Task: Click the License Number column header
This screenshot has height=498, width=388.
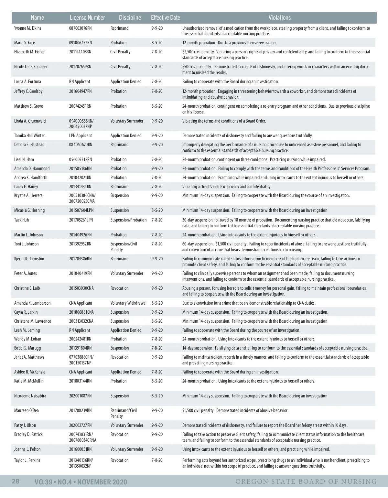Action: click(87, 18)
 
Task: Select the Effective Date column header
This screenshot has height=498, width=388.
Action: click(166, 18)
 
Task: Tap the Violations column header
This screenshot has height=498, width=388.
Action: click(280, 18)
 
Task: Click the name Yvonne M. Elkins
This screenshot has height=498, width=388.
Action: click(28, 28)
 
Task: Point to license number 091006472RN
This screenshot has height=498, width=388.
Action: click(81, 43)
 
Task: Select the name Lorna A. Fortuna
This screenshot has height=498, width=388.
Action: click(28, 81)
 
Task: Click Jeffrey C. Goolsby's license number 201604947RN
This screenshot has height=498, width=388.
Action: click(81, 91)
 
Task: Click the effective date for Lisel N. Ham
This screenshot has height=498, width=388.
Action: click(157, 159)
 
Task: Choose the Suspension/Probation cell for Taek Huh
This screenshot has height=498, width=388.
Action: click(129, 220)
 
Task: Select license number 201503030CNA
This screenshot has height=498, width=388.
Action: click(81, 288)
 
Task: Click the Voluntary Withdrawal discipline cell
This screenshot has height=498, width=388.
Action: click(128, 303)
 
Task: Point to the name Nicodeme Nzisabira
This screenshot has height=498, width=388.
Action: click(30, 396)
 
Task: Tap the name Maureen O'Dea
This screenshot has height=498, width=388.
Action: click(27, 410)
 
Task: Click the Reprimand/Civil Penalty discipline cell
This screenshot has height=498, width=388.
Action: click(124, 413)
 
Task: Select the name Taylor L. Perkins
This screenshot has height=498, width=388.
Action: click(27, 460)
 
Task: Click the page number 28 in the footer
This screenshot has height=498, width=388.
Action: click(16, 481)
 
